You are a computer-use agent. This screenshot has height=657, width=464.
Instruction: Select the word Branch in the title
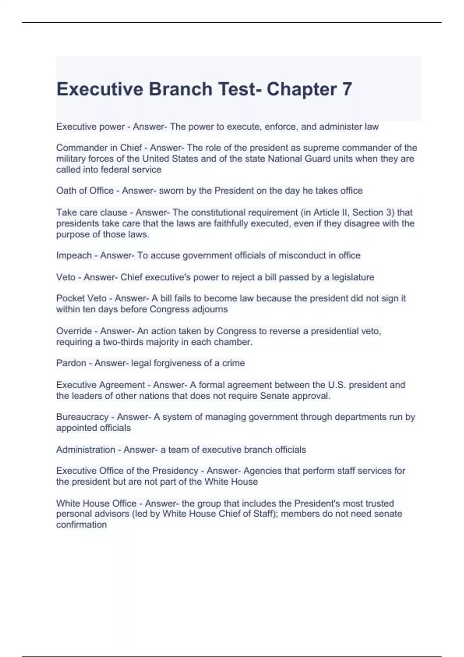tap(180, 89)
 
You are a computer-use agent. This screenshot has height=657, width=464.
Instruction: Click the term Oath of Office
tap(85, 191)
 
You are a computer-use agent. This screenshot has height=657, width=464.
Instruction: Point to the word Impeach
tap(74, 255)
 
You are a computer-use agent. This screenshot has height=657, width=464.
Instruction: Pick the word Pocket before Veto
tap(70, 298)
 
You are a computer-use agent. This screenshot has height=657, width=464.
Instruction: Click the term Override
tap(74, 331)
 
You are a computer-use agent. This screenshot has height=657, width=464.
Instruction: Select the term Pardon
tap(71, 363)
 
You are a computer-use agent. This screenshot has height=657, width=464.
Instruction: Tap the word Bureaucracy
tap(82, 417)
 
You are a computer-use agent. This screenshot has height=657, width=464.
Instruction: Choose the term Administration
tap(85, 450)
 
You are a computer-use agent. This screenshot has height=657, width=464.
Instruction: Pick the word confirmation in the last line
tap(81, 525)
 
